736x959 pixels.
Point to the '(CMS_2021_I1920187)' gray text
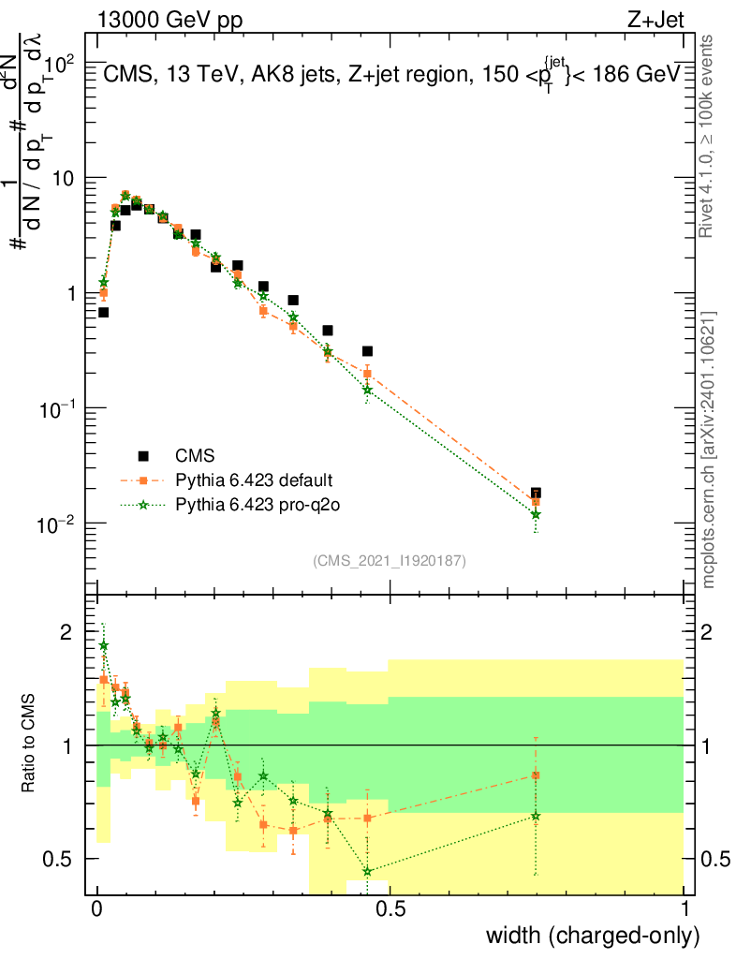(x=390, y=560)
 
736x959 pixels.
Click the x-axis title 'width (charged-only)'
(x=593, y=935)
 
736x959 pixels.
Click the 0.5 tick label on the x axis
(x=390, y=907)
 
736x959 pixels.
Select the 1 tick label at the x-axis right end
(x=684, y=907)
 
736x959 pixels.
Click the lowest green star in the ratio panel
(x=368, y=872)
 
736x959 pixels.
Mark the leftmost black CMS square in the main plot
(x=103, y=312)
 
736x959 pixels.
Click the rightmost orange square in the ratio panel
(x=536, y=775)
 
